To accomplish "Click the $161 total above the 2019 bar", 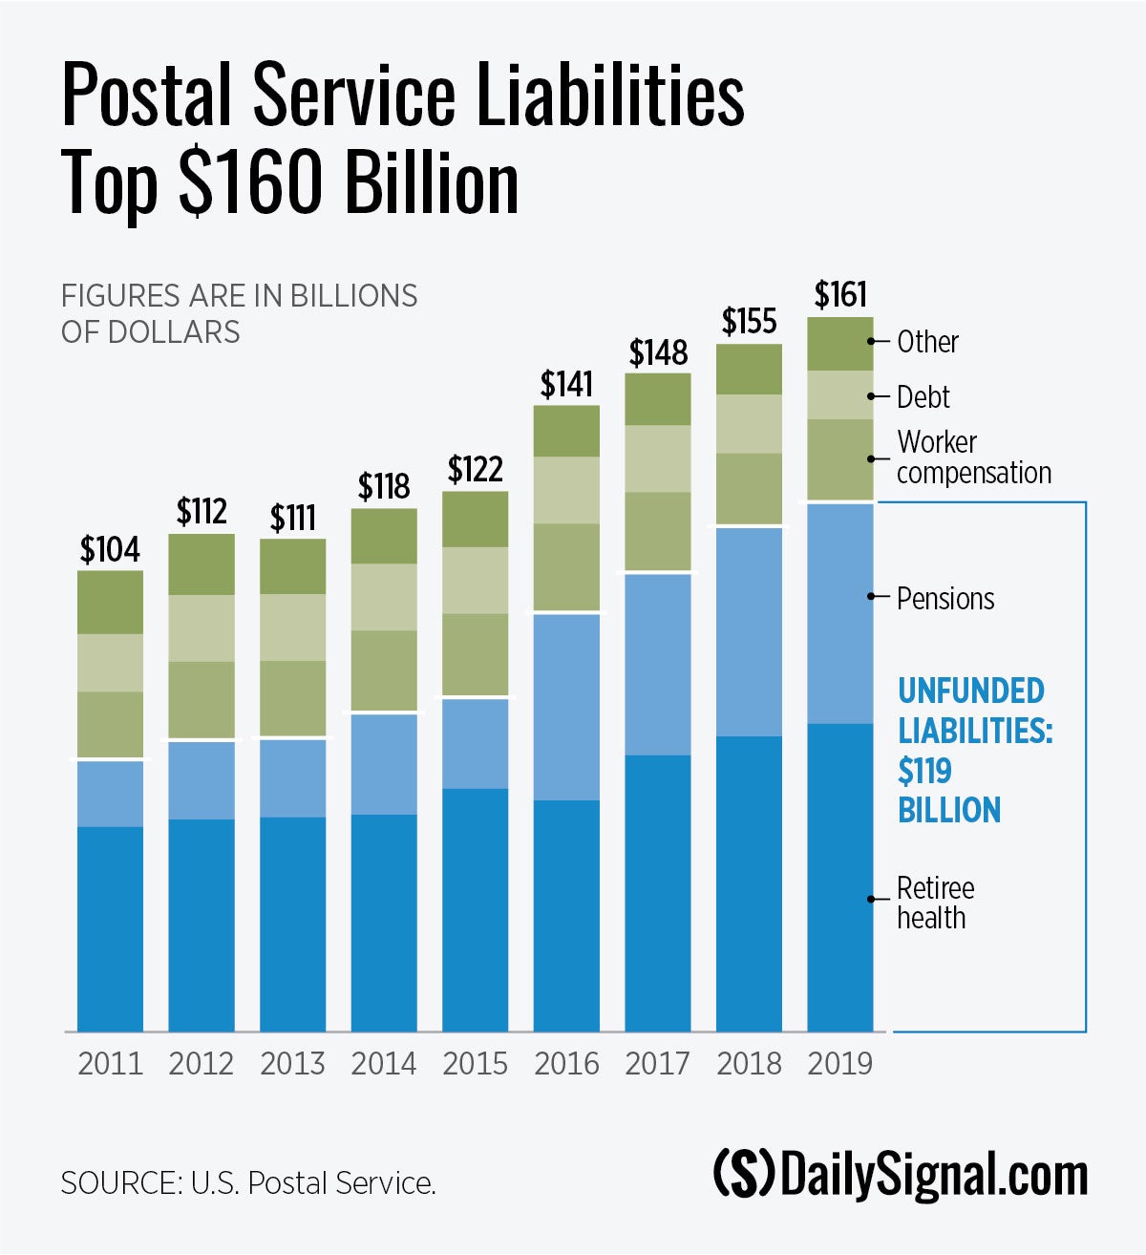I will point(840,295).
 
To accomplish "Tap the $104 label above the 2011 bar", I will point(110,550).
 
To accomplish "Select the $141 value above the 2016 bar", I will point(566,384).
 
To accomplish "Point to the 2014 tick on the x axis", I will point(384,1064).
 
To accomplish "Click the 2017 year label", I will point(657,1064).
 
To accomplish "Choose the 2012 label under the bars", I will point(202,1064).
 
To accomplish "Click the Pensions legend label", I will point(945,599).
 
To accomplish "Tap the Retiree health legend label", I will point(935,903).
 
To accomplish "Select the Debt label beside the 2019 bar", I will point(923,397).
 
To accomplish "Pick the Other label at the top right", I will point(927,342).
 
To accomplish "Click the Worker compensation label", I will point(973,457).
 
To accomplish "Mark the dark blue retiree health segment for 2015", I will point(476,907).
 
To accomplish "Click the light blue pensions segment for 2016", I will point(566,707).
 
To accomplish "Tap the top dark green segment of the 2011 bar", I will point(110,603).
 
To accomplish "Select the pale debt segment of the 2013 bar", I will point(293,627).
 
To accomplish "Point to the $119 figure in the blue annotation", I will point(924,771).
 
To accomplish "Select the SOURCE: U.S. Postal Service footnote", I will point(248,1183).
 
